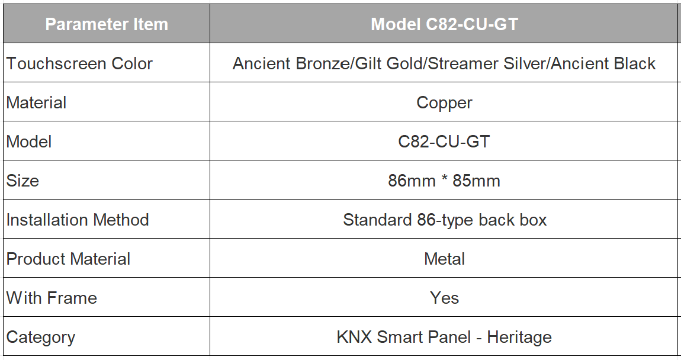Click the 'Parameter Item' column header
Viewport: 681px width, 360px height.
107,24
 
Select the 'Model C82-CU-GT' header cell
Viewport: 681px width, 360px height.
444,24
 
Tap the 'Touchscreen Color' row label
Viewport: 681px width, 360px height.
79,63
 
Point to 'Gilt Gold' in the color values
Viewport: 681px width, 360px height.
389,63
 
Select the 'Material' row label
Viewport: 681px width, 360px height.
37,103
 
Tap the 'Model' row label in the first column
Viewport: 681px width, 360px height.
29,142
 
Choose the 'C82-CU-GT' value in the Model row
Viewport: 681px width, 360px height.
444,142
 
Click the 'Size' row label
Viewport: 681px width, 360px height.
23,181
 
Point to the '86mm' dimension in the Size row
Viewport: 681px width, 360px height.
412,181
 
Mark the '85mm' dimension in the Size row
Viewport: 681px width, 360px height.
477,181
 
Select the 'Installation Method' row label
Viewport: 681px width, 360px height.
78,220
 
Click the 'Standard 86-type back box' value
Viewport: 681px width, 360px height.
445,220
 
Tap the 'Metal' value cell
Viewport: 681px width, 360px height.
444,259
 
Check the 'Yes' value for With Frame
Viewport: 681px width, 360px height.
444,298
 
